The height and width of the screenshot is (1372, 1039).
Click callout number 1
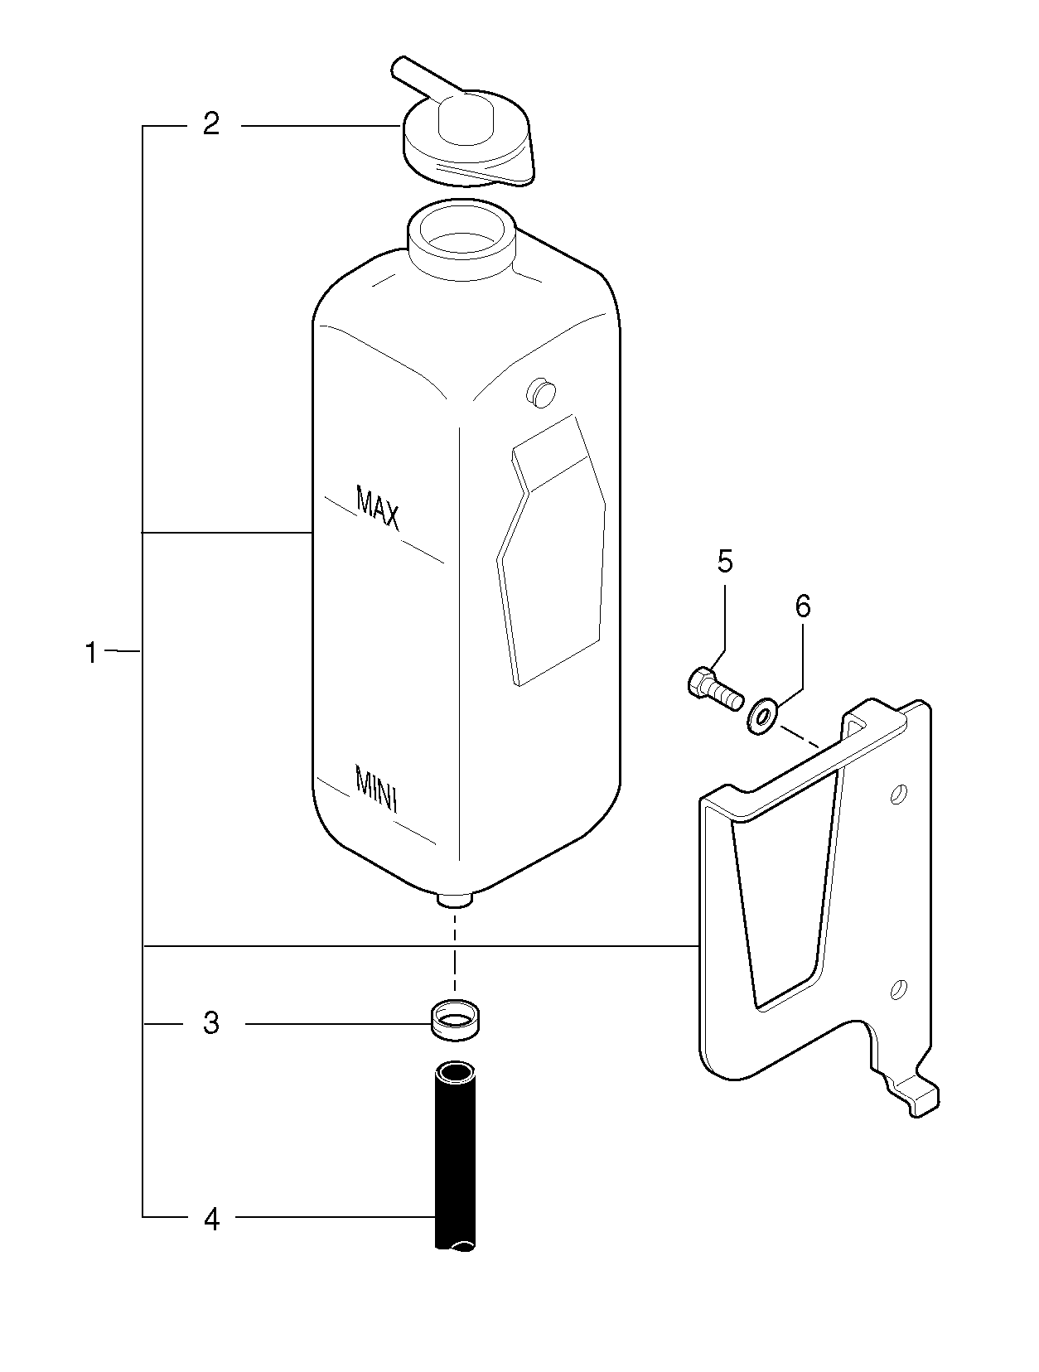coord(91,653)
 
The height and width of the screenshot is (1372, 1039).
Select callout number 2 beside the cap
coord(212,125)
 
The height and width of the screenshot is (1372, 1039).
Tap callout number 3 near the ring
coord(212,1024)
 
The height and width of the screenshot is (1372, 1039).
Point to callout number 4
coord(212,1218)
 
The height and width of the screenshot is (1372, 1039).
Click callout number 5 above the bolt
coord(725,563)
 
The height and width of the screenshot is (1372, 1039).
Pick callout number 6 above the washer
coord(803,606)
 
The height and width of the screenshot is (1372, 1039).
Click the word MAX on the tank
coord(378,507)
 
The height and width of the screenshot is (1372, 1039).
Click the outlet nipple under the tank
coord(455,900)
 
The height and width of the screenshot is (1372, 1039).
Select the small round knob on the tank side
coord(543,392)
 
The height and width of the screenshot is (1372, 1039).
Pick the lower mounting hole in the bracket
coord(898,988)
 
